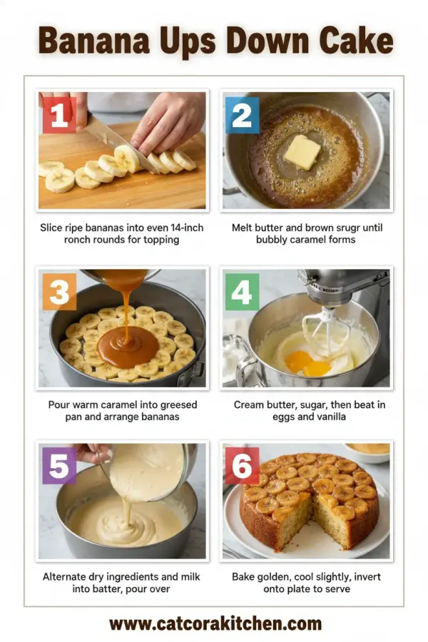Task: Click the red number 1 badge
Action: pyautogui.click(x=58, y=114)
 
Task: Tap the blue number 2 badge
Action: pyautogui.click(x=242, y=115)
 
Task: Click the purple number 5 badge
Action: pyautogui.click(x=58, y=467)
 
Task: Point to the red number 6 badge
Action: pyautogui.click(x=242, y=467)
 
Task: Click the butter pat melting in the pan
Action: pyautogui.click(x=302, y=152)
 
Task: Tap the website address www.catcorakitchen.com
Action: pyautogui.click(x=215, y=624)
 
